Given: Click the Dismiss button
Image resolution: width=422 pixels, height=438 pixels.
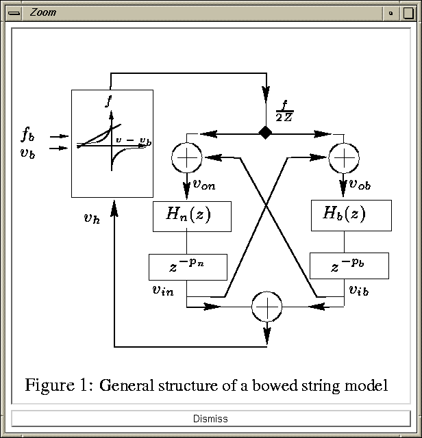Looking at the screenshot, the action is (x=211, y=418).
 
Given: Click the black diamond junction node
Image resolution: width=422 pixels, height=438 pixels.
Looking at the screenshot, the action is (x=265, y=132).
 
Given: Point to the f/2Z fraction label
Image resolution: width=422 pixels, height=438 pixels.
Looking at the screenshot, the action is (x=284, y=111).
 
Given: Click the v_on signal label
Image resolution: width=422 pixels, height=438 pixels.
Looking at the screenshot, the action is (x=204, y=185).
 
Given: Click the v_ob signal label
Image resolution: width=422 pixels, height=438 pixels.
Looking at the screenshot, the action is (x=360, y=184).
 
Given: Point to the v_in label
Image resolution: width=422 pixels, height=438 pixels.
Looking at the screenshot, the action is (x=163, y=290).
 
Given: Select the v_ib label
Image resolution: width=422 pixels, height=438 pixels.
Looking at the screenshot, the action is (x=359, y=290).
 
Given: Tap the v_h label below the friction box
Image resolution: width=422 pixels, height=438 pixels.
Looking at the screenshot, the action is (x=92, y=218).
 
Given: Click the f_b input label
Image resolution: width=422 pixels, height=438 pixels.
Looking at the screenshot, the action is (x=28, y=134).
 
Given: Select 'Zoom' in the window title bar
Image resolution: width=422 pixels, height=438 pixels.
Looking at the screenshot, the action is (x=42, y=12).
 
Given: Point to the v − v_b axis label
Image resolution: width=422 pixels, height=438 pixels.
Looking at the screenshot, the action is (x=134, y=141).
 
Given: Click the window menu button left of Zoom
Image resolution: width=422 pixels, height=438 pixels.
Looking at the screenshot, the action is (x=14, y=13).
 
